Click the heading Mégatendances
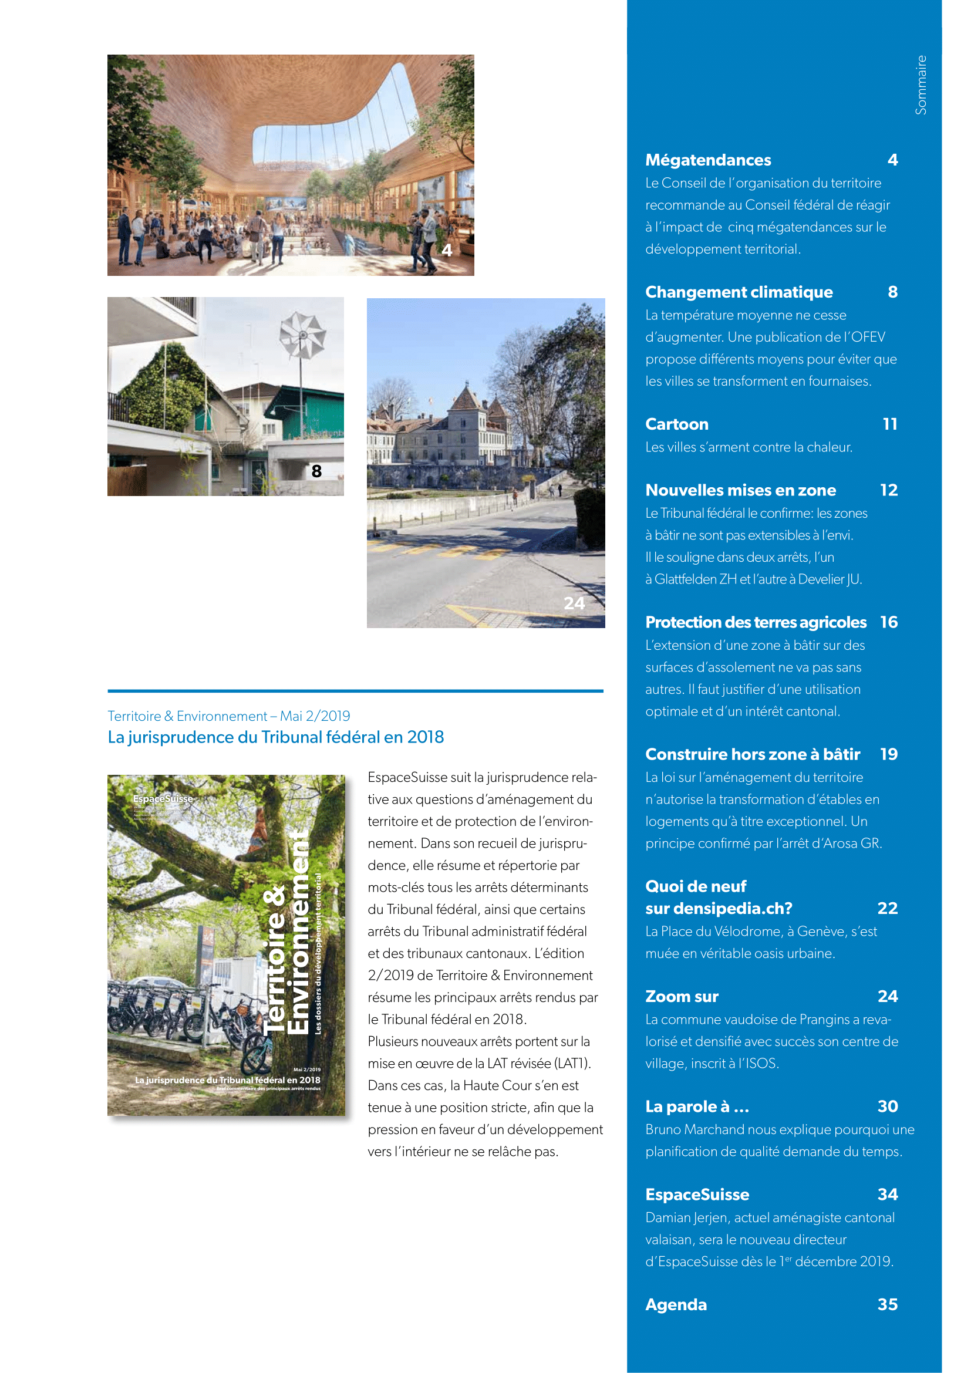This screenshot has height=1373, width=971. point(708,160)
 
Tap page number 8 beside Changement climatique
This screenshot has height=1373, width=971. point(892,292)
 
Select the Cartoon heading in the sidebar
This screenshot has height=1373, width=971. point(676,424)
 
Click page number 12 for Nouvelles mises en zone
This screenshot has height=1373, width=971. point(888,490)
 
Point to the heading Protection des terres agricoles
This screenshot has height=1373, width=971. point(755,622)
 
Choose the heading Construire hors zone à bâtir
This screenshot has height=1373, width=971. point(752,754)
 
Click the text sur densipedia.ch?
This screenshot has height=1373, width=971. point(718,908)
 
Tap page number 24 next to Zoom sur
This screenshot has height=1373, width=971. point(887,996)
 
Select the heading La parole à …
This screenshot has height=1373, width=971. point(697,1107)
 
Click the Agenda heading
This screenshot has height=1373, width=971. point(676,1304)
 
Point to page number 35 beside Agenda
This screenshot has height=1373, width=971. point(887,1304)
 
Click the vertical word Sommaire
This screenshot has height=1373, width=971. point(921,85)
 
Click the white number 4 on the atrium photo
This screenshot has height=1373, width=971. point(447,250)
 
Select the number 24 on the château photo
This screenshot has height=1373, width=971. point(574,603)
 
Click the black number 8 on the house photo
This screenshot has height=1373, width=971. point(316,471)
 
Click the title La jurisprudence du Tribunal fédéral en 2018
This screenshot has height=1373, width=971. point(276,737)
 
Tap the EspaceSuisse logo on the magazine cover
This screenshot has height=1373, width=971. point(163,798)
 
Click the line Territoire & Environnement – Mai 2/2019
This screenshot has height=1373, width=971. point(228,716)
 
